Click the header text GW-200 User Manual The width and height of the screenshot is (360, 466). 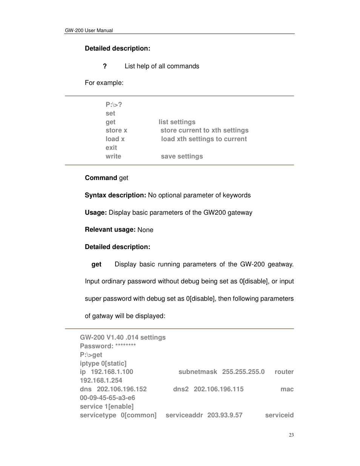coord(89,31)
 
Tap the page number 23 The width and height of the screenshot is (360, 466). coord(291,435)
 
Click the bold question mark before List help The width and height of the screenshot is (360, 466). coord(105,66)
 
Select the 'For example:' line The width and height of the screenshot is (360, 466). coord(104,83)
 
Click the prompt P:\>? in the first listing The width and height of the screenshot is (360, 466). coord(114,105)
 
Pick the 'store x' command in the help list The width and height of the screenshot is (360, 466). coord(116,130)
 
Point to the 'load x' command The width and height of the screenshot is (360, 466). coord(115,139)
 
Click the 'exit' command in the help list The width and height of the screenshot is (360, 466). coord(111,148)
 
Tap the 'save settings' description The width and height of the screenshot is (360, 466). coord(182,156)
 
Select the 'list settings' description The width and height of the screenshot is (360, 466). coord(177,122)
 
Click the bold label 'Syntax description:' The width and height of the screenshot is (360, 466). coord(115,195)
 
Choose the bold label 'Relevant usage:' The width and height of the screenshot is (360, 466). coord(110,229)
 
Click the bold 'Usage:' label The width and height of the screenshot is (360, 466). coord(96,212)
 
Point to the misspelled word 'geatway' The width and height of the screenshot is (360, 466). coord(280,264)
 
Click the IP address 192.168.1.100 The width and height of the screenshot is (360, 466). coord(112,372)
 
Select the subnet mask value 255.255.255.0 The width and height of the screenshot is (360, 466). coord(243,372)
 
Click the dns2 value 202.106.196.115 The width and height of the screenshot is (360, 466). coord(218,389)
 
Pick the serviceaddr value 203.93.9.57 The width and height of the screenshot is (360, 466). coord(225,415)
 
